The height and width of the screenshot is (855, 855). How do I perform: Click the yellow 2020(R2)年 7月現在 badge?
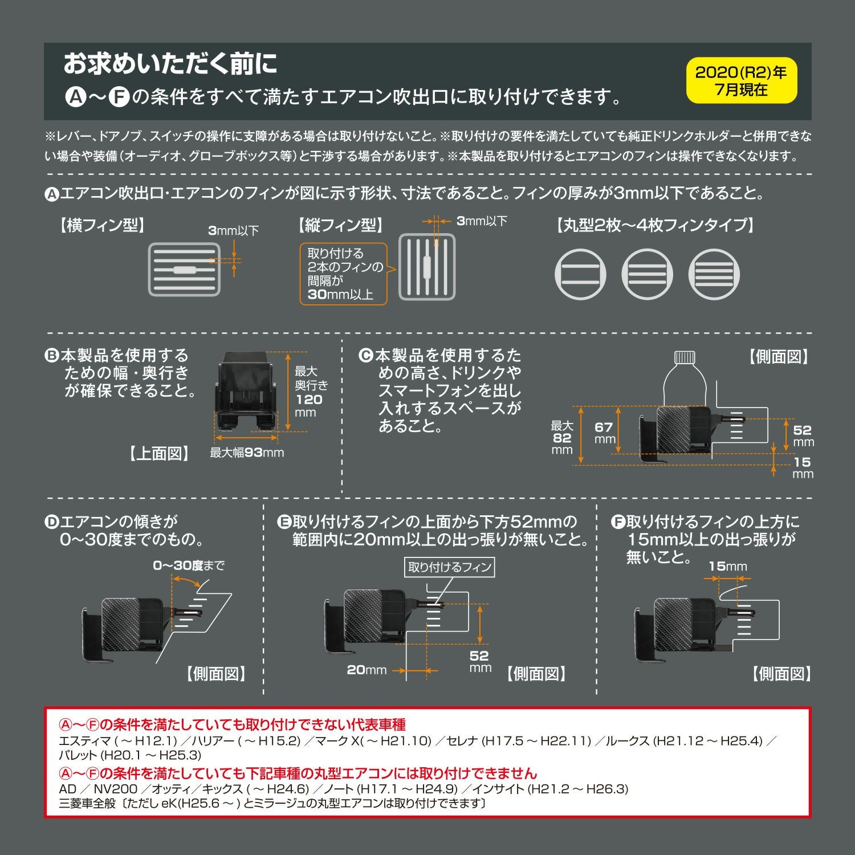point(741,80)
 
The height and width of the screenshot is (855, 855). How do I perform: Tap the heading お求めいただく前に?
point(170,64)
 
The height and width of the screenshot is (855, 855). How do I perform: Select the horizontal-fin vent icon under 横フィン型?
point(184,270)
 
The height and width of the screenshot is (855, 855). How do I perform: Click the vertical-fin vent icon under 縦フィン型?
point(427,267)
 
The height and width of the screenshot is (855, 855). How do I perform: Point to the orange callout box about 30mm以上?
point(344,274)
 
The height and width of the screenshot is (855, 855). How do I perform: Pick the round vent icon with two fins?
point(580,274)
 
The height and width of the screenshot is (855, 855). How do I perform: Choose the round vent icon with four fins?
point(714,274)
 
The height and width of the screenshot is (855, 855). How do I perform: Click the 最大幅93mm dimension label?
point(247,453)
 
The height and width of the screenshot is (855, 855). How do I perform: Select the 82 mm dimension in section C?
point(562,438)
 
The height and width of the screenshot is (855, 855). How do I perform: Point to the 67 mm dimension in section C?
point(604,433)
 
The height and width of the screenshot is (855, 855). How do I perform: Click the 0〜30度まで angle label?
point(188,565)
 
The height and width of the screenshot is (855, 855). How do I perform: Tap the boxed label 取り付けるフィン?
point(450,567)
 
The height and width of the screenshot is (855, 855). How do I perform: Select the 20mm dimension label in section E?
point(367,670)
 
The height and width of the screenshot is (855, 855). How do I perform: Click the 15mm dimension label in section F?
point(727,566)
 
